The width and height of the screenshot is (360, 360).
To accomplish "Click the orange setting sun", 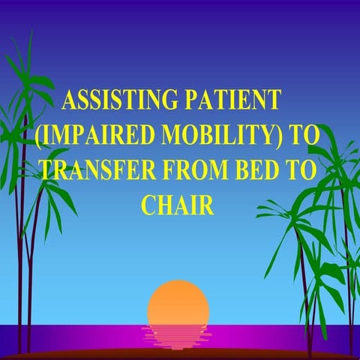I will pyautogui.click(x=178, y=304).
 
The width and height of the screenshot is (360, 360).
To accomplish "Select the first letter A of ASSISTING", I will pyautogui.click(x=68, y=101).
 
